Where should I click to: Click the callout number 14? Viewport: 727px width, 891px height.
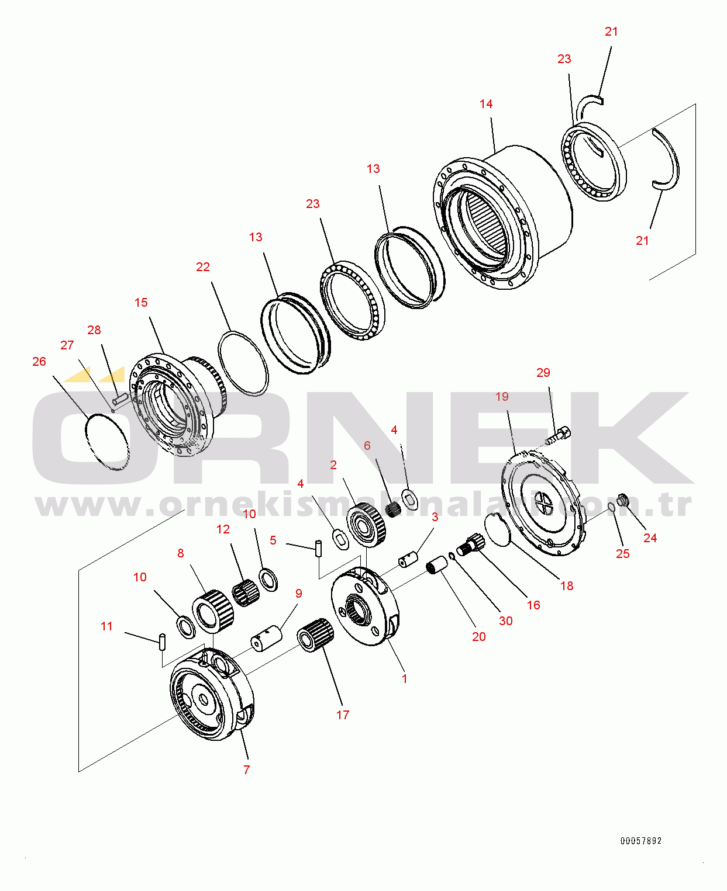[x=486, y=104]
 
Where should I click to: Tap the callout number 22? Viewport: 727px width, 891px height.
[x=203, y=267]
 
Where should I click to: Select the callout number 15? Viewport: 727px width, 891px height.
[x=141, y=303]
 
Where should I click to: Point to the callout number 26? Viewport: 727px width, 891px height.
[x=39, y=362]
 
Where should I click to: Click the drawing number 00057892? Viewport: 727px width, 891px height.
[x=641, y=841]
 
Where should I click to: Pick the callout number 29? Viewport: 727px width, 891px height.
[x=543, y=372]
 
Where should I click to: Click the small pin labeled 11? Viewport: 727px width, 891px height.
[x=163, y=642]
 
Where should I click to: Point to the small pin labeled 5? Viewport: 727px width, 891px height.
[x=319, y=549]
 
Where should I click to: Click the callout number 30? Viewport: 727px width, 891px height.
[x=505, y=620]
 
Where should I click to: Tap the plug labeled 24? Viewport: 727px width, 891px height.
[x=623, y=500]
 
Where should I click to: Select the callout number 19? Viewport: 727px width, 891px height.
[x=502, y=397]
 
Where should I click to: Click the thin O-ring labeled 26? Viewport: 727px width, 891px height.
[x=107, y=442]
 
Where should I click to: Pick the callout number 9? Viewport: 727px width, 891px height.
[x=299, y=593]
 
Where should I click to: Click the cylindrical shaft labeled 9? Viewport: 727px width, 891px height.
[x=266, y=638]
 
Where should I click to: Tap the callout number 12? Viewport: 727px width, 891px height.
[x=223, y=529]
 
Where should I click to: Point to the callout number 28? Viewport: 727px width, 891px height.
[x=94, y=330]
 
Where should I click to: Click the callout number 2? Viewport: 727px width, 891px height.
[x=333, y=464]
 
